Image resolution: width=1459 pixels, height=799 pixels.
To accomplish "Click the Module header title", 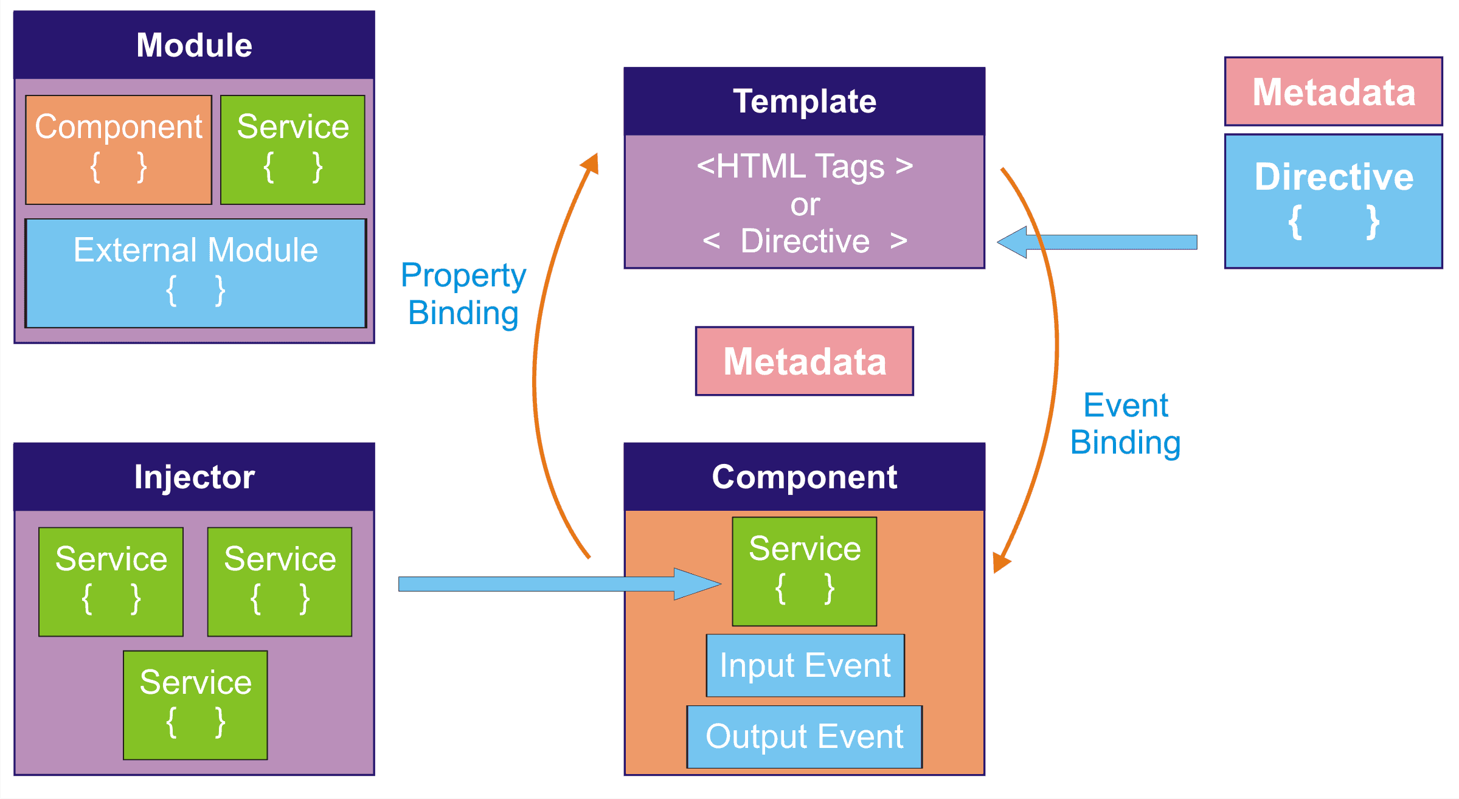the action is click(x=194, y=45).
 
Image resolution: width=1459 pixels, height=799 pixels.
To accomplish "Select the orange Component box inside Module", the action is click(x=119, y=150).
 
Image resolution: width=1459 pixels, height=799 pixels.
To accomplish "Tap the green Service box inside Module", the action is click(x=293, y=150).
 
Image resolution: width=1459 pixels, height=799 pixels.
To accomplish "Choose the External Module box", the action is click(x=196, y=273).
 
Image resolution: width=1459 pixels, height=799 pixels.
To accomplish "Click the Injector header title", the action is click(x=194, y=477).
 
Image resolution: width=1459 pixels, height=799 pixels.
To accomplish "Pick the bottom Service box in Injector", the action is click(x=195, y=705).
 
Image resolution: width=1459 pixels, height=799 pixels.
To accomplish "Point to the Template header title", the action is click(x=805, y=101).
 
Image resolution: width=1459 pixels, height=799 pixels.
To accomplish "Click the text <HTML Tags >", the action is click(x=805, y=166).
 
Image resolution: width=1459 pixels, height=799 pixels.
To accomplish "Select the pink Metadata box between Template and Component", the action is click(x=805, y=361).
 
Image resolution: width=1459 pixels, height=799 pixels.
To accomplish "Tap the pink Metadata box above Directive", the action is click(x=1334, y=91).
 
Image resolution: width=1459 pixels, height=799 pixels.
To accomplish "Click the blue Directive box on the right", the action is click(x=1334, y=201).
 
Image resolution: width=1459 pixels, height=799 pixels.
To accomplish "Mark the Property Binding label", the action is click(x=463, y=294).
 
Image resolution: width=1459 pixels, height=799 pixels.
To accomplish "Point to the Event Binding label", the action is click(x=1126, y=424).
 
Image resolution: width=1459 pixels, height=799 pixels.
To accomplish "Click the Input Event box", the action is click(x=805, y=665).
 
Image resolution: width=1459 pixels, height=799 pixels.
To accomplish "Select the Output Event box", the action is click(x=805, y=736).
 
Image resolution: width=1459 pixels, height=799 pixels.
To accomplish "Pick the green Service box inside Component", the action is click(x=805, y=571).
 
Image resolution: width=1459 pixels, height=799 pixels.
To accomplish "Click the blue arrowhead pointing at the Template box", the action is click(x=1013, y=242).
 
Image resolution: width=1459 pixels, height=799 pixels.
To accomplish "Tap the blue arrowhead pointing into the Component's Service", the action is click(x=697, y=584).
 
